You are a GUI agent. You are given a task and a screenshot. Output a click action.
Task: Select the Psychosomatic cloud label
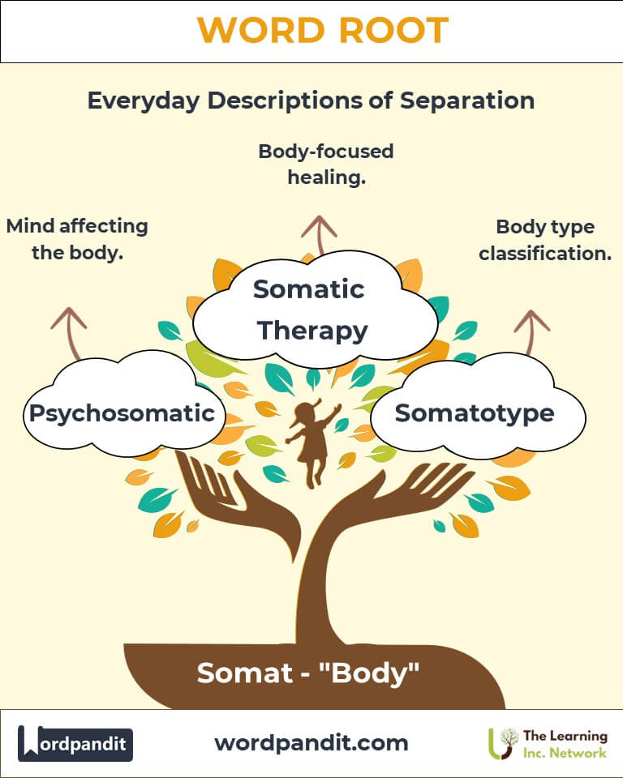click(x=122, y=413)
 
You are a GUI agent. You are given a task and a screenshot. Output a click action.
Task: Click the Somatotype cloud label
click(x=475, y=413)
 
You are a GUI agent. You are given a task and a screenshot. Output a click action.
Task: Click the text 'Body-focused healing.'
click(x=326, y=163)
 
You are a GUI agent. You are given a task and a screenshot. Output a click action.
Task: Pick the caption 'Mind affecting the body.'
click(x=77, y=238)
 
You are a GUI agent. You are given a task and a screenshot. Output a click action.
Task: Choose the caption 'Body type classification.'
click(x=545, y=240)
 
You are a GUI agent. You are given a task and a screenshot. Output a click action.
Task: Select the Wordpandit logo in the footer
click(x=75, y=742)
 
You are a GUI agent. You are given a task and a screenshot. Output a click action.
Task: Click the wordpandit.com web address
click(x=311, y=742)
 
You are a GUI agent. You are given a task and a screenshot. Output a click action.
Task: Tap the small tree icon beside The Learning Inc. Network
click(x=509, y=742)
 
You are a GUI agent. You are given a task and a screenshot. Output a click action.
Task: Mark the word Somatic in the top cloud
click(x=309, y=289)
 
